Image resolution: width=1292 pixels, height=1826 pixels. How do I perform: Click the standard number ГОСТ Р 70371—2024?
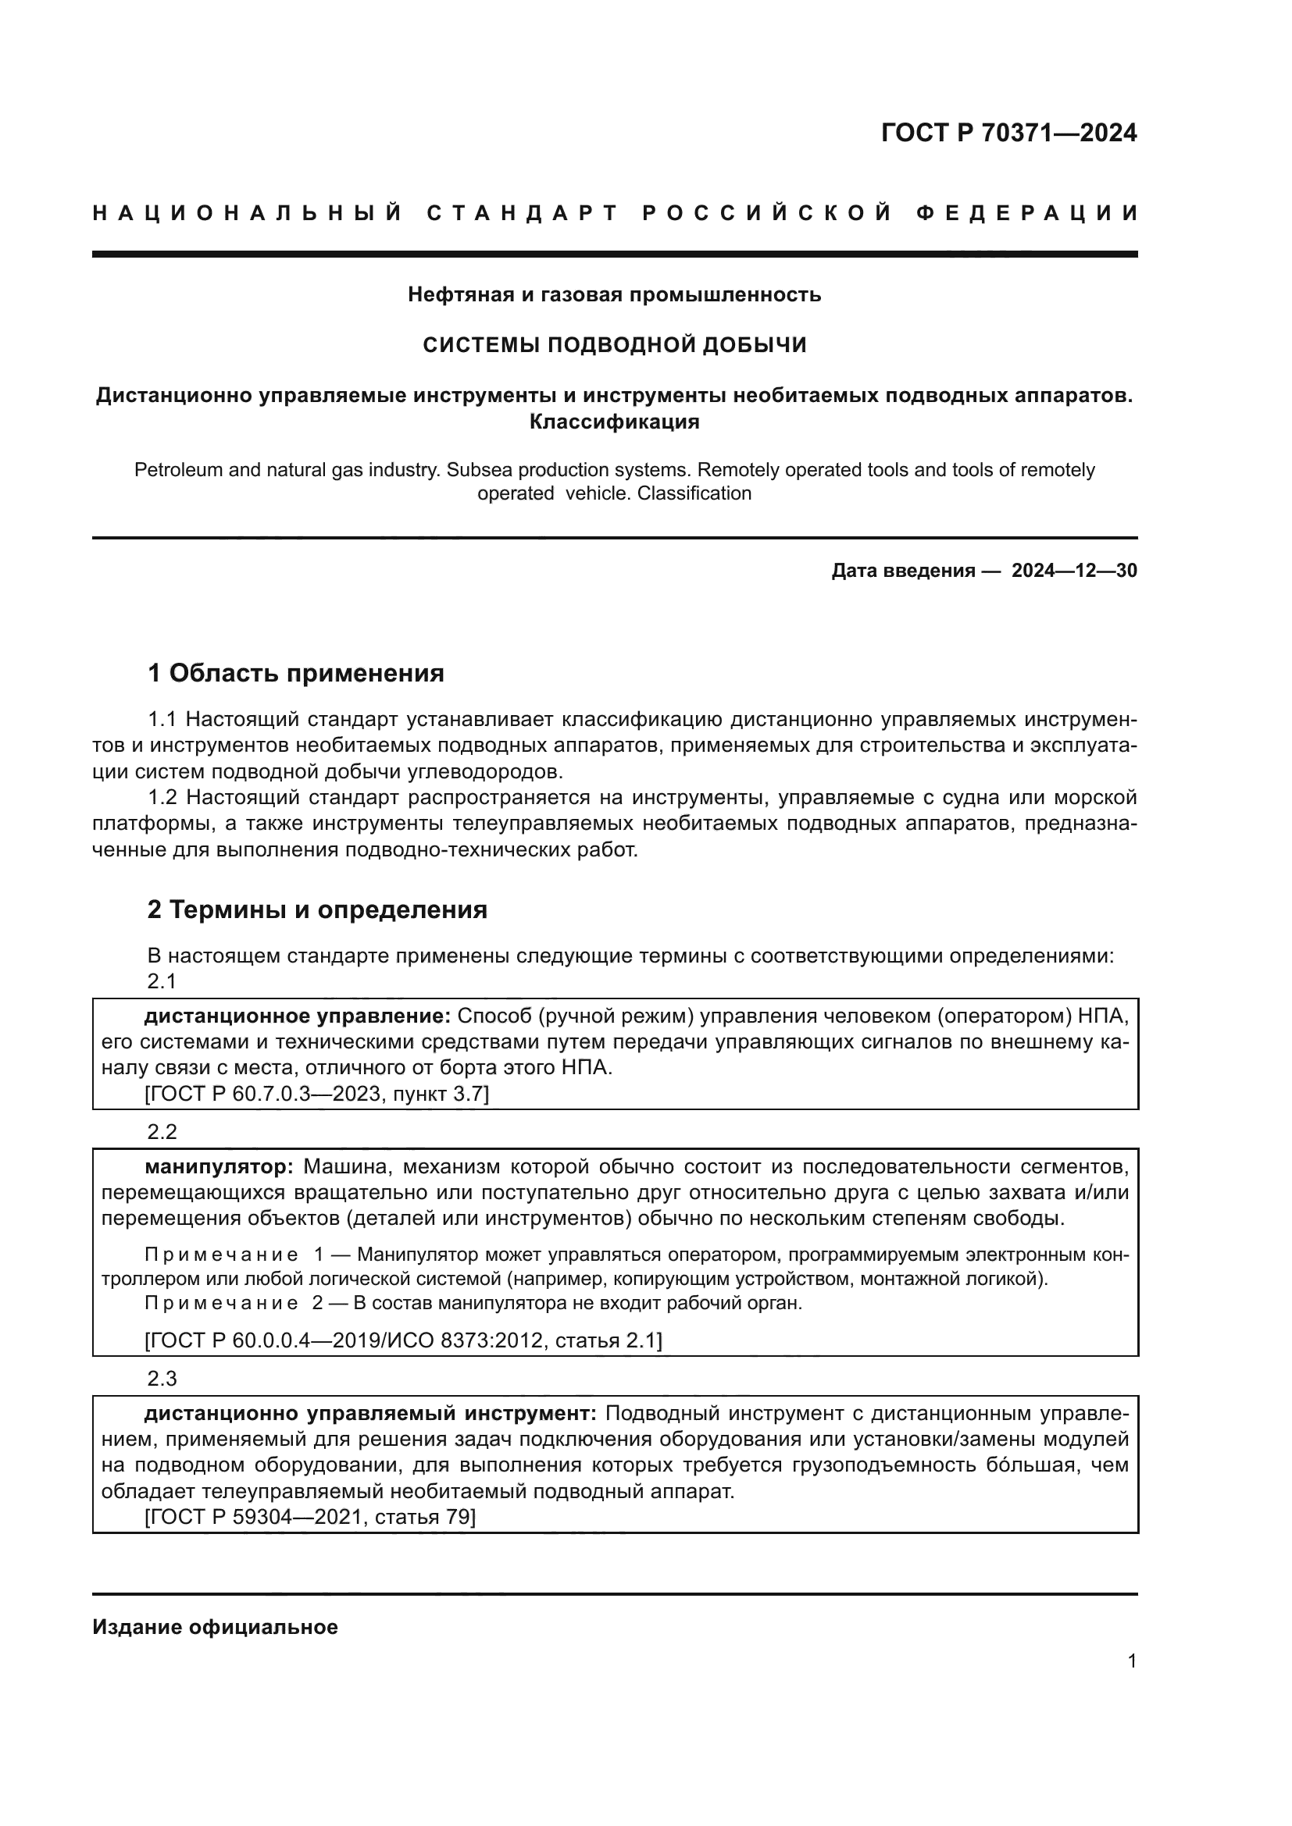click(1008, 133)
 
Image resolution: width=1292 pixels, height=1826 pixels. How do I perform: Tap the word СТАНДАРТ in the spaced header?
click(523, 213)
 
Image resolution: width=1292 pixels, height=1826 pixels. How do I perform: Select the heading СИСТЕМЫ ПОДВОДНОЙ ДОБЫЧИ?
click(614, 344)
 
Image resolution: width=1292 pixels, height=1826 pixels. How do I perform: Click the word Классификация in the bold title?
click(614, 422)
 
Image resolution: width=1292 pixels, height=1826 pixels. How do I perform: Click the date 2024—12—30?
click(1074, 570)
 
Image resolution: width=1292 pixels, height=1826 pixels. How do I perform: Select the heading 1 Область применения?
click(295, 673)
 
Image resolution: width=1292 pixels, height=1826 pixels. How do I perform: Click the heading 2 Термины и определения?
click(316, 909)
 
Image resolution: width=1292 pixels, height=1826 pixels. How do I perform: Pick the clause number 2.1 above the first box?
click(162, 981)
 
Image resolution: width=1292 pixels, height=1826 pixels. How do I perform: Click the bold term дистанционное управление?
click(298, 1016)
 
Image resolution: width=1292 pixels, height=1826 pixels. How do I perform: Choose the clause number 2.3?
click(162, 1378)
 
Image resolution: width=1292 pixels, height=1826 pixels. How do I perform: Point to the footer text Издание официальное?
click(215, 1627)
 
